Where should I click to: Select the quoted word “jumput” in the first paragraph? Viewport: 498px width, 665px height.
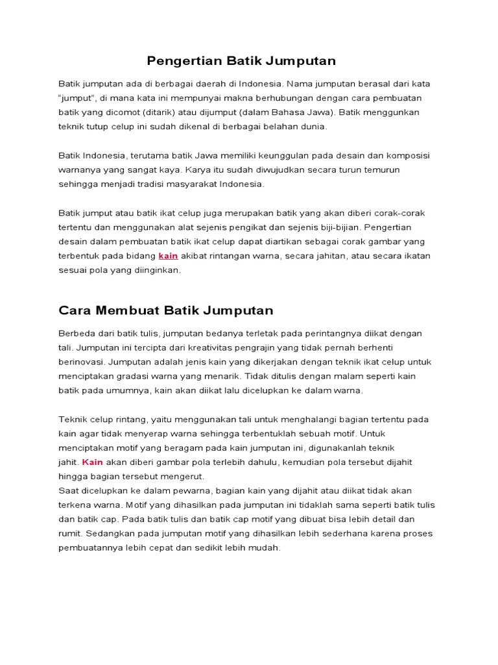78,99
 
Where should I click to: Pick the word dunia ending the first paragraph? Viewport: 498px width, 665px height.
313,127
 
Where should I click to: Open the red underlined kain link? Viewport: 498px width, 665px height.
168,256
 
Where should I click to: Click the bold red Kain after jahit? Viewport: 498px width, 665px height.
93,462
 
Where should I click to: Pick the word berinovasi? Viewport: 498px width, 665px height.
82,362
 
